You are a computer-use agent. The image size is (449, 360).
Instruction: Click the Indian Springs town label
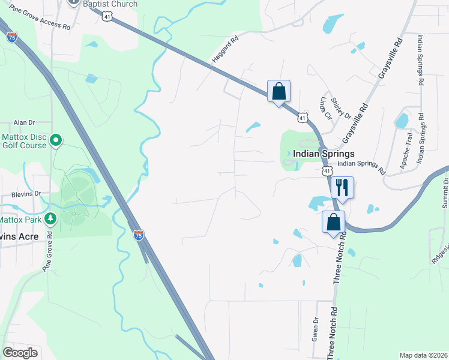324,154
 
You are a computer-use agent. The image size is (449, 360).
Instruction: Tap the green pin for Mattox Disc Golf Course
56,141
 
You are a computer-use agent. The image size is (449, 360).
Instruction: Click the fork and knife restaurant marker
342,187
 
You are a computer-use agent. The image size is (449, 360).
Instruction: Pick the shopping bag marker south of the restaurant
334,222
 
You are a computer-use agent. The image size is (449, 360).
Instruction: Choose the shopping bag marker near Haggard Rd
279,91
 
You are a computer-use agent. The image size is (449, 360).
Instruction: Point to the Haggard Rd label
225,50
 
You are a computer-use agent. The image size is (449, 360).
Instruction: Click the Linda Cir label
326,108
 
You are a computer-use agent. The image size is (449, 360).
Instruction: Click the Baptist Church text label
110,4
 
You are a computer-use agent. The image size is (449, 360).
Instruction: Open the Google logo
20,353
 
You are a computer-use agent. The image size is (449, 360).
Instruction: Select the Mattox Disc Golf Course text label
24,141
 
